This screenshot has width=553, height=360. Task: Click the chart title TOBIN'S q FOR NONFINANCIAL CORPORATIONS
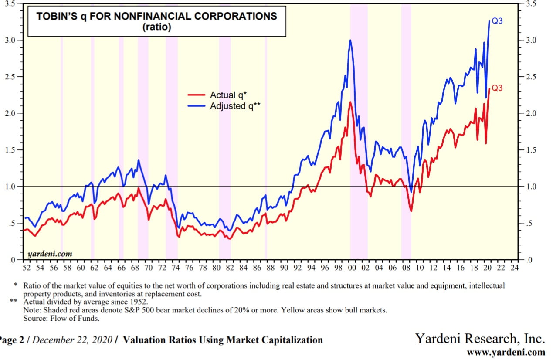(x=156, y=17)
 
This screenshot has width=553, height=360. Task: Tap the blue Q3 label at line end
(x=497, y=20)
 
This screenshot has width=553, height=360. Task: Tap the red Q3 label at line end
(x=497, y=88)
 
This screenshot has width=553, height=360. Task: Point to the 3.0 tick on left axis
(x=10, y=40)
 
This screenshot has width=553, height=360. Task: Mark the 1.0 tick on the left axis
(x=10, y=187)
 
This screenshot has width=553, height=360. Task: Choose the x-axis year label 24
(x=515, y=268)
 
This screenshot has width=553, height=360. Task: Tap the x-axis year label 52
(x=27, y=268)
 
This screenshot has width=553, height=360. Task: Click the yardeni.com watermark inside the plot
(x=50, y=254)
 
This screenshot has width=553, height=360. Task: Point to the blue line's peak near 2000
(x=350, y=41)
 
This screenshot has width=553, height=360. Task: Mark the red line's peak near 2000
(x=350, y=102)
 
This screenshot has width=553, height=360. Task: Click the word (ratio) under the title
(x=156, y=27)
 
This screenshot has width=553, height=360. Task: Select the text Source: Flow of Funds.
(x=61, y=318)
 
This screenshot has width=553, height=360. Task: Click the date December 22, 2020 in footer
(x=72, y=340)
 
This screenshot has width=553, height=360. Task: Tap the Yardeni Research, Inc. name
(x=480, y=339)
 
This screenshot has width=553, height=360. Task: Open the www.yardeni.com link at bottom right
(x=506, y=352)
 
